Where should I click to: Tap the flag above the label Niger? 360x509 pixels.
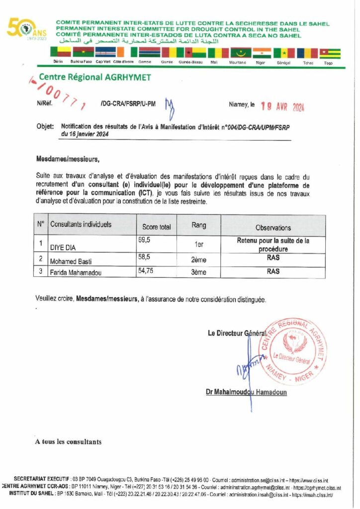click(261, 53)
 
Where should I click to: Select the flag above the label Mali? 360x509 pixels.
click(218, 53)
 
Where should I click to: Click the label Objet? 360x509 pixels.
click(45, 127)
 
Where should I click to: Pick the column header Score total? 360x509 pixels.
click(156, 227)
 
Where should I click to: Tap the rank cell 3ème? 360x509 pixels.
click(198, 272)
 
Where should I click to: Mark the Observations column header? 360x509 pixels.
click(273, 227)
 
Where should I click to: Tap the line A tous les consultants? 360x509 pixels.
click(68, 441)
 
